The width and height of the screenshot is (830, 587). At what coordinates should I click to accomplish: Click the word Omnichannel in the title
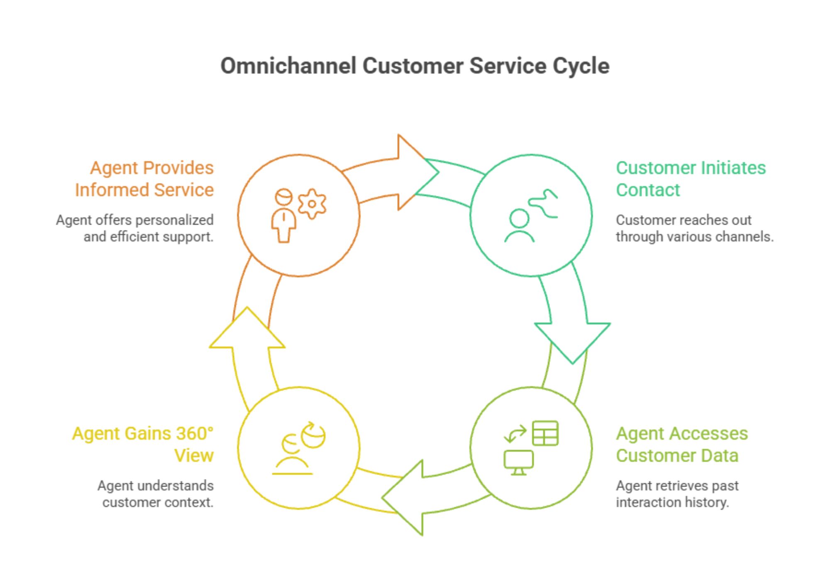point(288,66)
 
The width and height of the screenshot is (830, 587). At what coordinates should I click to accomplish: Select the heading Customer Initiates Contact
point(690,179)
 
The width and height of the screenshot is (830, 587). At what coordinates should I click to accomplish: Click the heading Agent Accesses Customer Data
point(681,445)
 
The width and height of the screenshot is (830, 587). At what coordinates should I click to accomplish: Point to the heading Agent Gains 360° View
point(143,445)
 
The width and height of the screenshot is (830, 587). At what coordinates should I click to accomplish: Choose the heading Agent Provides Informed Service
point(144,179)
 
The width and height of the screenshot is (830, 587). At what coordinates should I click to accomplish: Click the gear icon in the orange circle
point(312,204)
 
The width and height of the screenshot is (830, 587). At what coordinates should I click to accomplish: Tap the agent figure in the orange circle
point(284,216)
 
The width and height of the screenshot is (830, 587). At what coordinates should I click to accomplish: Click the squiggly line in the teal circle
point(544,204)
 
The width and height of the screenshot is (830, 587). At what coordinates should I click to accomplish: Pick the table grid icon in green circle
point(545,433)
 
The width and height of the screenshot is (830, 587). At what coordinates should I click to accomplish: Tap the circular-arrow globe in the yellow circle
point(313,435)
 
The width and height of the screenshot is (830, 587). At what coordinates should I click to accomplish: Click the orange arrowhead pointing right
point(415,172)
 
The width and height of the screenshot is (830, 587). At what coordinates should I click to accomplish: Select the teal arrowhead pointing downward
point(573,340)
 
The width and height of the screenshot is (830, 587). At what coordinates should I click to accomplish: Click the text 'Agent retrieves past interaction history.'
point(677,494)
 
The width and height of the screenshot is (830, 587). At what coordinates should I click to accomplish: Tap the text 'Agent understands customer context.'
point(156,494)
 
